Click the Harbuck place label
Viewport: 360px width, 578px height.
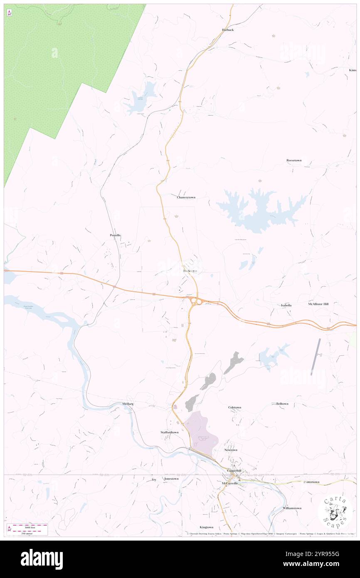(228, 30)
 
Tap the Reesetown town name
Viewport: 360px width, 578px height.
(294, 160)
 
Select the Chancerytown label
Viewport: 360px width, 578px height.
(186, 197)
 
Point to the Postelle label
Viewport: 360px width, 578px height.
(115, 235)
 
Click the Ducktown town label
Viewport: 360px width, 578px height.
(190, 271)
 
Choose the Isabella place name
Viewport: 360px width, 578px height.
(286, 305)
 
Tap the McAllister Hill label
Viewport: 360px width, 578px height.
(318, 304)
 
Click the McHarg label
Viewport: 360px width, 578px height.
(128, 404)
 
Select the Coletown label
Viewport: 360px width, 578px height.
(234, 407)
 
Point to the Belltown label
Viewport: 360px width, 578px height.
(282, 404)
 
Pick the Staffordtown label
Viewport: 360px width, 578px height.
(170, 432)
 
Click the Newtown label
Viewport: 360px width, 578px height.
(231, 450)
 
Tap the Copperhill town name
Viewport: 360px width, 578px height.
(234, 471)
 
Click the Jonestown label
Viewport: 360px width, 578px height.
(171, 479)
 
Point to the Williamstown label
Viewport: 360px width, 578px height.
(292, 508)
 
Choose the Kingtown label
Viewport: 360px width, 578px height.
(206, 527)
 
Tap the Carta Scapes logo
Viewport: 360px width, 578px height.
(335, 512)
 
